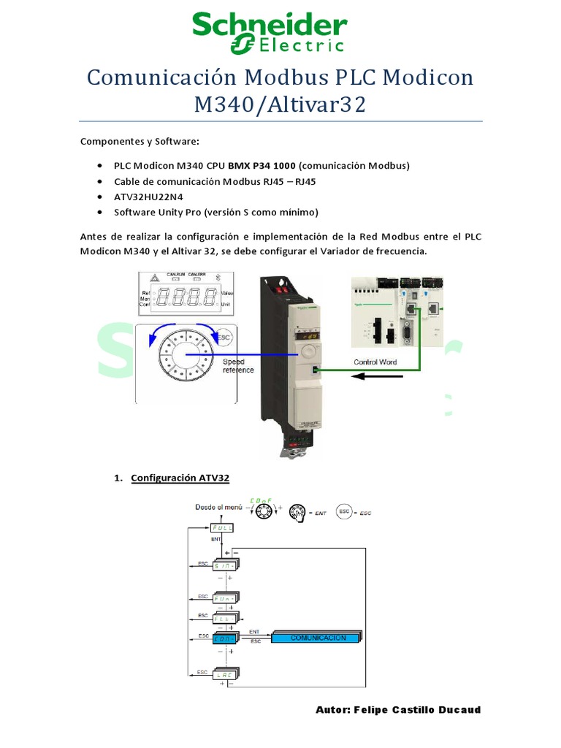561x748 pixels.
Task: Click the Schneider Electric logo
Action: (x=269, y=33)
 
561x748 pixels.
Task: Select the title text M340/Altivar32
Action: (x=280, y=104)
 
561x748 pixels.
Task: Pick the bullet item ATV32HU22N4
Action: (x=149, y=197)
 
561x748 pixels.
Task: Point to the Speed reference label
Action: (x=238, y=366)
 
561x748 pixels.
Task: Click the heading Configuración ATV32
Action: (x=180, y=478)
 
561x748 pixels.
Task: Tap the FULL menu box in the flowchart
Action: (x=222, y=527)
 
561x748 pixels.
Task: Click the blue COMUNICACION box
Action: (x=317, y=637)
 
